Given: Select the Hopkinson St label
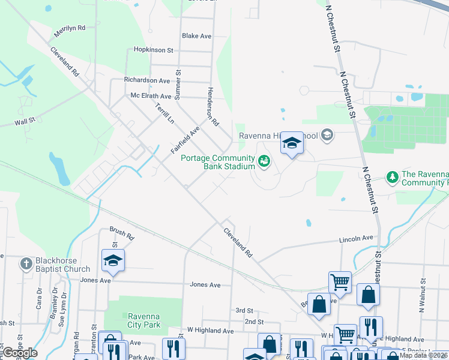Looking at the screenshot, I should coord(153,50).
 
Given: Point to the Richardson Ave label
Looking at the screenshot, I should coord(147,80).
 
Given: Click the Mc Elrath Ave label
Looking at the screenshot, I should coord(151,95).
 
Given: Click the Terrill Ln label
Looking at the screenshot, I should coord(164,113).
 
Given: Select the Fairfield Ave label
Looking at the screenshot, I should coord(185,140).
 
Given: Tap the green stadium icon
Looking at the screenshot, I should coord(264,161).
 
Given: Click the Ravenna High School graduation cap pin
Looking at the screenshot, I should coord(292,143).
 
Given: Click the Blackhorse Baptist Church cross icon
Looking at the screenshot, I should coord(26,263).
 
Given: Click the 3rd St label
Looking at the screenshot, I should coord(244,310).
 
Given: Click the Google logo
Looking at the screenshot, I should coord(20,353).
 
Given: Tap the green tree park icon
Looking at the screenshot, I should coord(393,177).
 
